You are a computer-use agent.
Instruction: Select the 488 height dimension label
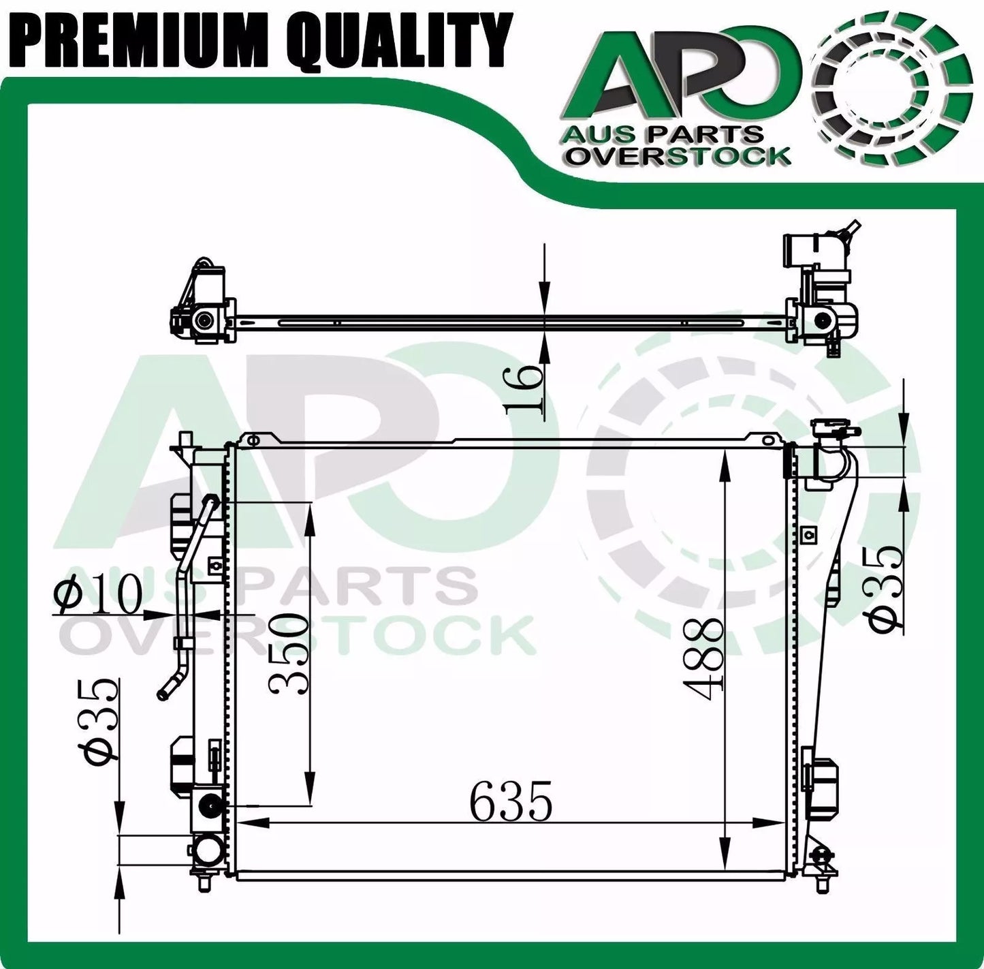(x=705, y=653)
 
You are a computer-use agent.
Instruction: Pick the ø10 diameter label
(x=97, y=594)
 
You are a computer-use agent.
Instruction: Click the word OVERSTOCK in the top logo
(x=679, y=156)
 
